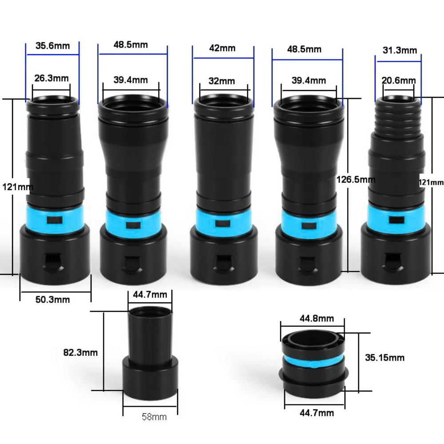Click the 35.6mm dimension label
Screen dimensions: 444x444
(x=53, y=46)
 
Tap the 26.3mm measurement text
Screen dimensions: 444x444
(x=52, y=78)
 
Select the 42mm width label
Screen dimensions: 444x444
(x=222, y=48)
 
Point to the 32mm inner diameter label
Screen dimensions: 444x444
(x=222, y=81)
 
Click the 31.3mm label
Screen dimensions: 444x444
(x=400, y=51)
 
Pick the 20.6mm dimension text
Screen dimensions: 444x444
(x=399, y=81)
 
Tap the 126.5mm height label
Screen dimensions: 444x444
(x=356, y=179)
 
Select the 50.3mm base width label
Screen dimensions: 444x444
(x=53, y=300)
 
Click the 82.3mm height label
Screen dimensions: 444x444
(x=80, y=353)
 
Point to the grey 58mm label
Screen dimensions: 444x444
(x=154, y=417)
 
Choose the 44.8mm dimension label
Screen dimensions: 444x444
(x=317, y=318)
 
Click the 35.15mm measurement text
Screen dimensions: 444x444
(x=385, y=357)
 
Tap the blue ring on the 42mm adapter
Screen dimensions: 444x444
(x=223, y=224)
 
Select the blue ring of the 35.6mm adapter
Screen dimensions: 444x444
(x=55, y=219)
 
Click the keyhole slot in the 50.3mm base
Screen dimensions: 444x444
(x=54, y=262)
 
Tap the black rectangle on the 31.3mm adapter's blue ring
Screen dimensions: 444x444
(x=396, y=220)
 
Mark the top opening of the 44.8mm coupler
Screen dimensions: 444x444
(x=313, y=339)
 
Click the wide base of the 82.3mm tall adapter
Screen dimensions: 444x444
(x=151, y=378)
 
